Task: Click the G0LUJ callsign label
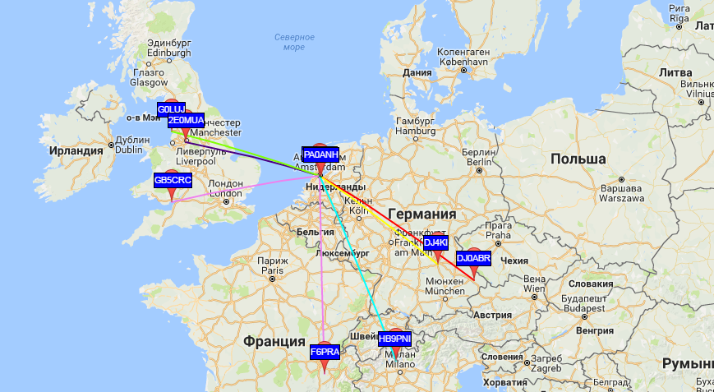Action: (x=172, y=108)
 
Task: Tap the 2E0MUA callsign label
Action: (x=186, y=122)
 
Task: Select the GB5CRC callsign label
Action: (x=173, y=180)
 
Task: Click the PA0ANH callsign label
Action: (x=320, y=154)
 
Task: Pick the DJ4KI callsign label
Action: (x=435, y=242)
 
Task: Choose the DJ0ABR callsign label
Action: (x=473, y=258)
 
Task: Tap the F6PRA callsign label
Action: (x=325, y=353)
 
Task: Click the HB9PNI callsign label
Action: (x=394, y=339)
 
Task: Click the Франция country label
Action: (x=274, y=340)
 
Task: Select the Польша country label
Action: (x=578, y=159)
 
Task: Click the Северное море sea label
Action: (x=294, y=42)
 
